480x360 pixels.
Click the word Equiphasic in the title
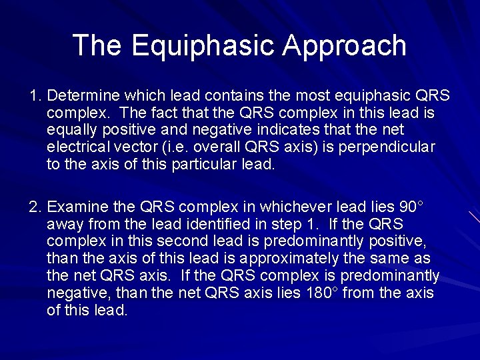tap(203, 45)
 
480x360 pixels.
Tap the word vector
tap(149, 147)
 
